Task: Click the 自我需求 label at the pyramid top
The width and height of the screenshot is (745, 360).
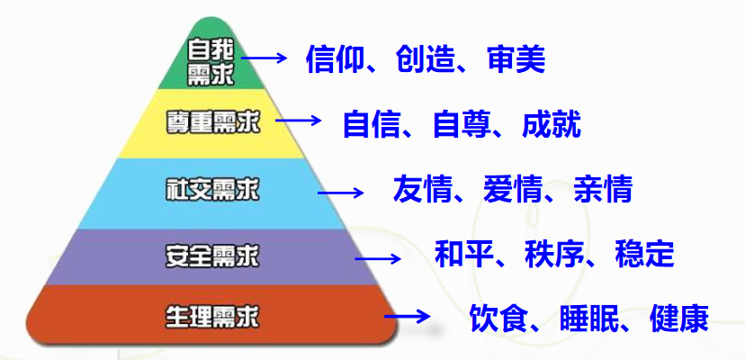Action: tap(211, 62)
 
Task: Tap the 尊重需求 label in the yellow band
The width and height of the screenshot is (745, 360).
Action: tap(213, 122)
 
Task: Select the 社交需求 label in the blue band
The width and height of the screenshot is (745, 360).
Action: tap(212, 190)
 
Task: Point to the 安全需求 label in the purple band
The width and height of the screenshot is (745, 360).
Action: tap(212, 257)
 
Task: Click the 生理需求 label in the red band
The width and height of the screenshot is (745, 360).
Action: tap(212, 317)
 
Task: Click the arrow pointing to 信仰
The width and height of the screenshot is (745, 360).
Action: tap(265, 58)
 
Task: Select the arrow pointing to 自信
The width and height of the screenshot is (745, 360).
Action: tap(299, 121)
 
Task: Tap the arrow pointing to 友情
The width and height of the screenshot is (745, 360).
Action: tap(341, 193)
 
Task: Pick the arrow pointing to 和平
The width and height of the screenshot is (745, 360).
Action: tap(378, 258)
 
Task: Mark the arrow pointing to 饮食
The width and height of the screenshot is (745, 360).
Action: tap(408, 316)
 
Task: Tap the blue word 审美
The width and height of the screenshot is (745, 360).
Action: tap(516, 59)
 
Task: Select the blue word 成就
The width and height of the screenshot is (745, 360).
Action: tap(552, 124)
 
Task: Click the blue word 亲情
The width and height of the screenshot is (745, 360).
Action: tap(603, 189)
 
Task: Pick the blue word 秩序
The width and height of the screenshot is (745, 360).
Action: tap(554, 255)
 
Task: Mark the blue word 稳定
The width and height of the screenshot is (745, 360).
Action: tap(644, 255)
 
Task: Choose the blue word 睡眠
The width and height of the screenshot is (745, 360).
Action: tap(589, 319)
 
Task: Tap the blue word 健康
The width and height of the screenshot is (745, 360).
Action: tap(679, 319)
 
